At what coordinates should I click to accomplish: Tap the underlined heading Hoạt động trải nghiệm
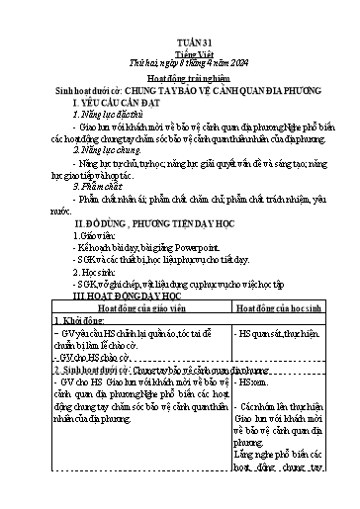pos(180,75)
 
